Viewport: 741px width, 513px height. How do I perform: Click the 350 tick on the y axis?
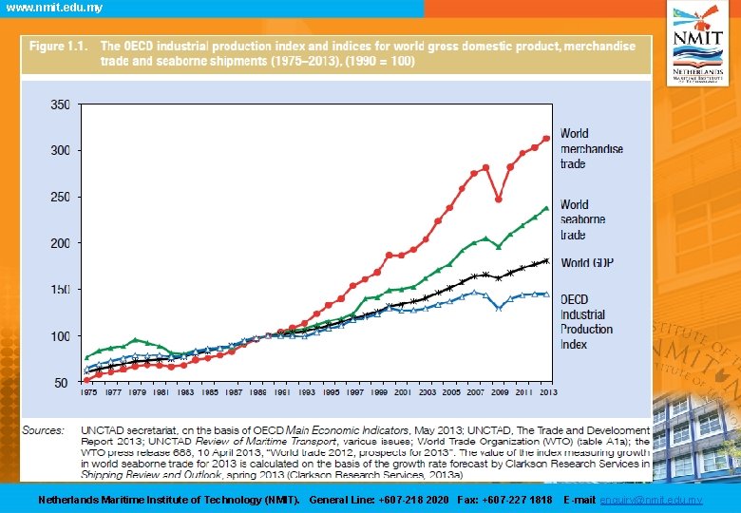coord(60,104)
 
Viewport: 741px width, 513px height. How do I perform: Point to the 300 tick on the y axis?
coord(60,150)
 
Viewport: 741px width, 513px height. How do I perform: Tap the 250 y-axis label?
coord(60,197)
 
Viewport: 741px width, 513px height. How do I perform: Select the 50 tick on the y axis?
coord(64,382)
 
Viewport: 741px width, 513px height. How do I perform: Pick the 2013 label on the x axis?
coord(546,391)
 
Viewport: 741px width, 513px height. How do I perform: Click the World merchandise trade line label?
coord(591,148)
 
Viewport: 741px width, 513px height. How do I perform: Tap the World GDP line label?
coord(586,262)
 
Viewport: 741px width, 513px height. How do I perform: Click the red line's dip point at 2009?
coord(498,199)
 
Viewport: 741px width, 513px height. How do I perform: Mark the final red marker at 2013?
coord(546,139)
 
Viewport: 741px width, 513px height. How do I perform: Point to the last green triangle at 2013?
coord(546,208)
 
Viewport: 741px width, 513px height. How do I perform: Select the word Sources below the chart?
coord(43,430)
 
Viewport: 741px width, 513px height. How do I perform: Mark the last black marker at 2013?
coord(546,261)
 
